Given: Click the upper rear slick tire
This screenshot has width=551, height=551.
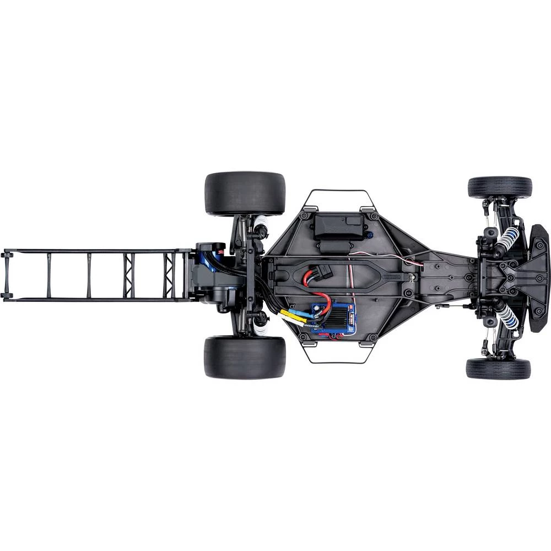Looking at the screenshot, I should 245,193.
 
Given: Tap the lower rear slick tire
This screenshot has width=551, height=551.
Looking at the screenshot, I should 245,358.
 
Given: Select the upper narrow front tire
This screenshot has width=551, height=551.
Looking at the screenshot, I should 500,187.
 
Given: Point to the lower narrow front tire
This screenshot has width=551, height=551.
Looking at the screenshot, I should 498,369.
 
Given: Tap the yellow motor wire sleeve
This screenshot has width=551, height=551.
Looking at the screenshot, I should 294,315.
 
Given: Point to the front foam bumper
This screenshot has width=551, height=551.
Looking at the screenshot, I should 538,278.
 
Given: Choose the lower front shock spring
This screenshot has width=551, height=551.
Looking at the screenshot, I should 506,317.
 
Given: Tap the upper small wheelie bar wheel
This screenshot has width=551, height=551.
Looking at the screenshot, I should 7,255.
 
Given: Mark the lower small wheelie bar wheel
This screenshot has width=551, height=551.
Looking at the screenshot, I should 7,296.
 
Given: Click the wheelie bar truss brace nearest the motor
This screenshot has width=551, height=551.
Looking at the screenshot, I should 168,275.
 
